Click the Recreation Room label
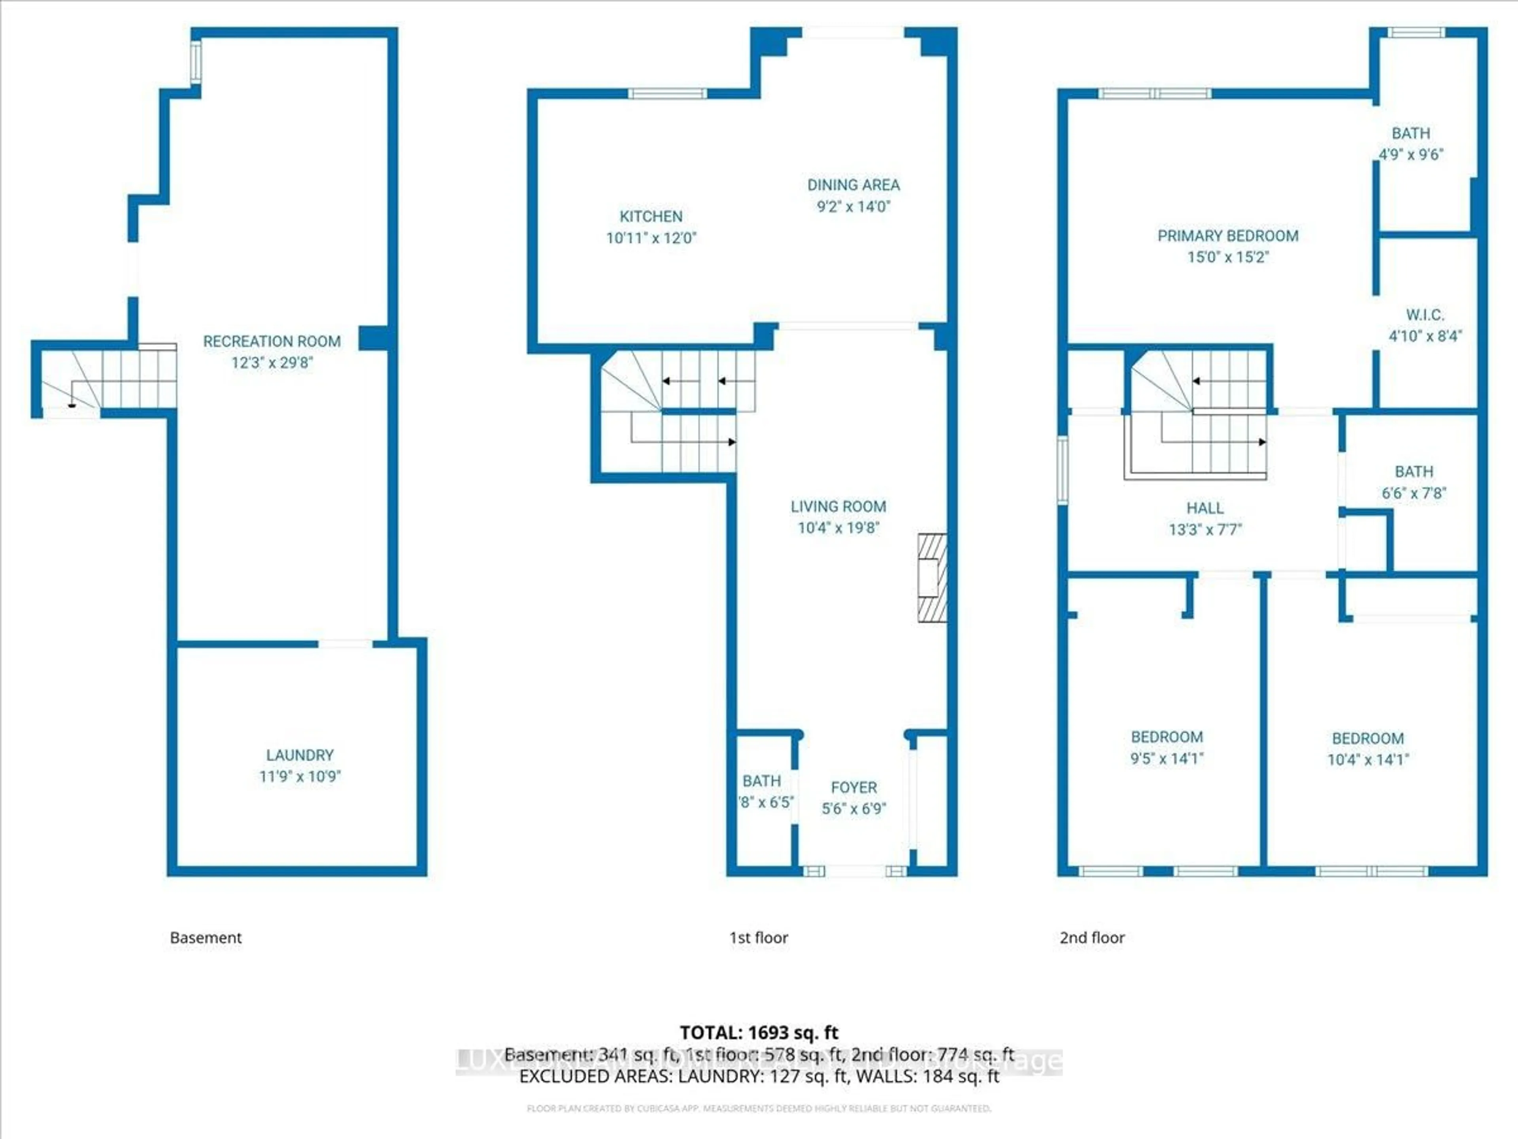tap(272, 341)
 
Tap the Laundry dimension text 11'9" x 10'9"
tap(300, 776)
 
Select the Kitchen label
tap(651, 216)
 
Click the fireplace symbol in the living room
tap(932, 578)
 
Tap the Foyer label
tap(854, 787)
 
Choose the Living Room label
tap(838, 507)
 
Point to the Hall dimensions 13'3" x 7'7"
tap(1205, 529)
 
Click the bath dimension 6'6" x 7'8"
tap(1414, 493)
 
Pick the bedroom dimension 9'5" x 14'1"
tap(1167, 759)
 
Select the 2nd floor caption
tap(1092, 938)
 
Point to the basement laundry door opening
tap(345, 644)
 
